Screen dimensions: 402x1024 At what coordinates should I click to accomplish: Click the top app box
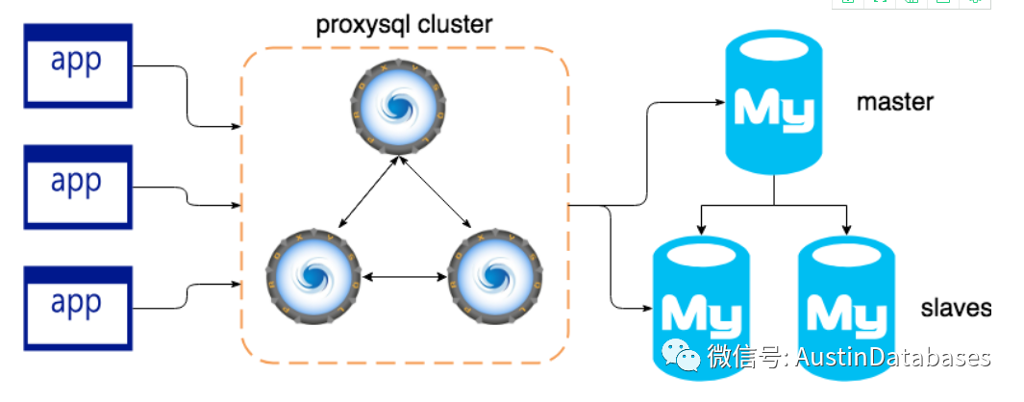click(x=76, y=63)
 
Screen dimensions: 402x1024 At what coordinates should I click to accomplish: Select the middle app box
click(x=76, y=184)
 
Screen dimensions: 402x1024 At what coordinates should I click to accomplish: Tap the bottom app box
click(x=76, y=305)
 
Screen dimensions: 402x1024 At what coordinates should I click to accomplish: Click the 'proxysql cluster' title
click(x=404, y=24)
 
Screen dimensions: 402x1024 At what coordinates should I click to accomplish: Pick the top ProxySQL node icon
click(x=397, y=107)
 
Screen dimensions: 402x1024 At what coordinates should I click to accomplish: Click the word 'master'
click(x=894, y=101)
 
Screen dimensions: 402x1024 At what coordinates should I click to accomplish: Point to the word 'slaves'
click(x=955, y=308)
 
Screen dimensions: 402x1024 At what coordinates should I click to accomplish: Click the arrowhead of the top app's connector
click(x=236, y=125)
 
